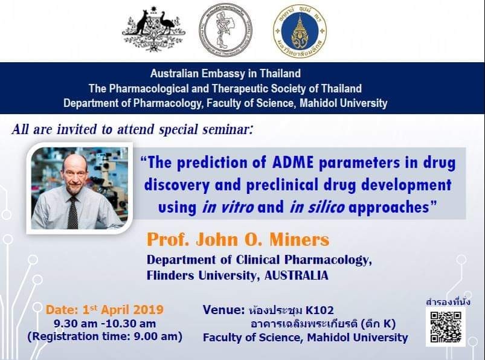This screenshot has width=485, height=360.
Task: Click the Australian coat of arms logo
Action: (x=154, y=29)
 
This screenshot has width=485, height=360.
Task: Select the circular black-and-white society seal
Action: (x=225, y=30)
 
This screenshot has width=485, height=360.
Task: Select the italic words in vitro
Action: (x=228, y=207)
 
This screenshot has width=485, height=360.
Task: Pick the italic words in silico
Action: (x=317, y=207)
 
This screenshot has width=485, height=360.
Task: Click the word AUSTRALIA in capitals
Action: (x=297, y=275)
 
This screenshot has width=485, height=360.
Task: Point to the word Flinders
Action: (x=171, y=275)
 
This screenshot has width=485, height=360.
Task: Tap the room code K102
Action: (x=320, y=310)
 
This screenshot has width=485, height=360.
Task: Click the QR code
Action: (x=446, y=327)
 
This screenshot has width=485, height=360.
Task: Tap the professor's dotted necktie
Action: (x=73, y=213)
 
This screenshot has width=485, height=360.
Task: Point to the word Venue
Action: (x=223, y=310)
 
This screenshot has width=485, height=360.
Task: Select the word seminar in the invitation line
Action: (x=228, y=129)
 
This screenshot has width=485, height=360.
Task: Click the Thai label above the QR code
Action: (x=448, y=301)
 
